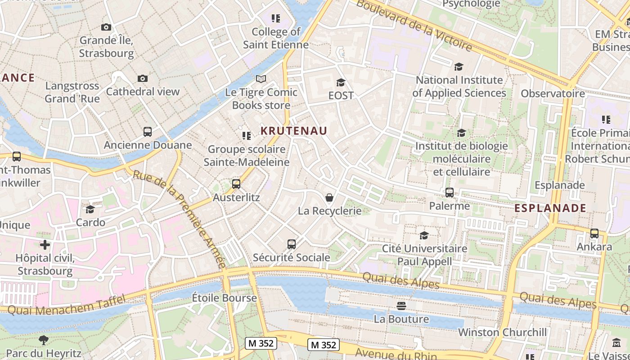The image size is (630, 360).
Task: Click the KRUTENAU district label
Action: click(x=294, y=130)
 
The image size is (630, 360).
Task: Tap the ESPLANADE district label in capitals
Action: click(x=550, y=208)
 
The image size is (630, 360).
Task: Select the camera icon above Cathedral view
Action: click(x=143, y=79)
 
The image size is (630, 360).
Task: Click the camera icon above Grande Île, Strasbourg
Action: click(x=106, y=27)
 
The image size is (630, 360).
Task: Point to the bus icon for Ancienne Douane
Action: click(x=148, y=132)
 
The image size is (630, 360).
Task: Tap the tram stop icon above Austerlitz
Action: click(x=236, y=184)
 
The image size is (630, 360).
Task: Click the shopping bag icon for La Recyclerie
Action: click(x=329, y=198)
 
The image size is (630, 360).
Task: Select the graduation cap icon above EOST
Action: click(x=341, y=82)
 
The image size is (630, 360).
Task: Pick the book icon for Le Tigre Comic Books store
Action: click(x=261, y=79)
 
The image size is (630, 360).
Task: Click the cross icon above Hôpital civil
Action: click(x=45, y=245)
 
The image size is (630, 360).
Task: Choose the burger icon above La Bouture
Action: click(x=401, y=306)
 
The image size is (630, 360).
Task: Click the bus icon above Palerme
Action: click(x=449, y=193)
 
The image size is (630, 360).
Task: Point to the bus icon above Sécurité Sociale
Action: click(x=292, y=244)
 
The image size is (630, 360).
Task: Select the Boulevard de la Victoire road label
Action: click(x=414, y=26)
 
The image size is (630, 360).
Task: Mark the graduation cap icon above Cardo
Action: click(x=90, y=209)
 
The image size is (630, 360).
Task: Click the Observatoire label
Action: click(x=553, y=94)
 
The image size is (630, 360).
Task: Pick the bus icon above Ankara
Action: click(x=594, y=234)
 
